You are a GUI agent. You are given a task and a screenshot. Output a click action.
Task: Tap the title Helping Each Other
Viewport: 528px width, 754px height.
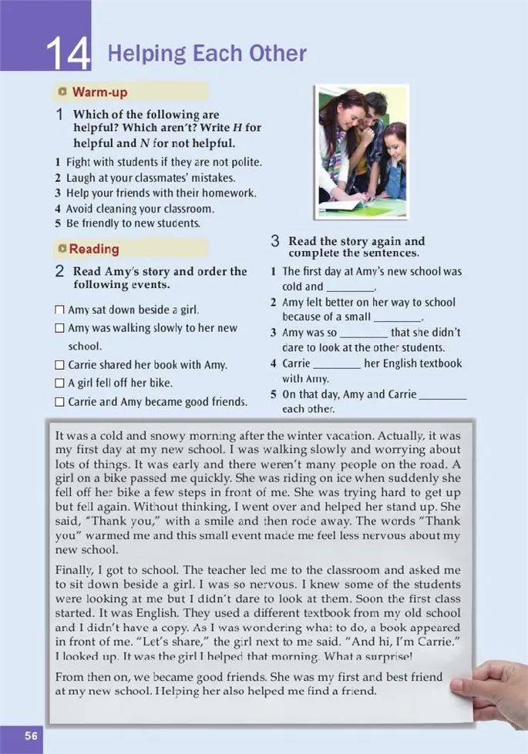(x=207, y=54)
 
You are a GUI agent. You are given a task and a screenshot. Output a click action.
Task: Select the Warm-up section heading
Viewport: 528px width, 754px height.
(x=99, y=92)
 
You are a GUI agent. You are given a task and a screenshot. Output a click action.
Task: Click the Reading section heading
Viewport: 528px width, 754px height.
(x=94, y=249)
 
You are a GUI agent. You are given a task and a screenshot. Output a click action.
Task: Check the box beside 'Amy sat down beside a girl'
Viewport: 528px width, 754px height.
(x=60, y=310)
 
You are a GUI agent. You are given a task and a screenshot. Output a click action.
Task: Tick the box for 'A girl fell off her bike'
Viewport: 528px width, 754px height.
(x=60, y=383)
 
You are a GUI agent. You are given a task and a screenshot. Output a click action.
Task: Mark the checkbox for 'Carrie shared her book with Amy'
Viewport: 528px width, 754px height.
(x=60, y=365)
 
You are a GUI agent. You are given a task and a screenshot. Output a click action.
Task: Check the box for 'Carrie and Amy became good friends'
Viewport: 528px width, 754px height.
(x=60, y=402)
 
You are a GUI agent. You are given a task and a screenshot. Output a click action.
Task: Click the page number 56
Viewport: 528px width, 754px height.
(x=31, y=736)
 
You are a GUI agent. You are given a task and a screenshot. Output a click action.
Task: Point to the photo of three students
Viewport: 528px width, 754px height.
(x=361, y=152)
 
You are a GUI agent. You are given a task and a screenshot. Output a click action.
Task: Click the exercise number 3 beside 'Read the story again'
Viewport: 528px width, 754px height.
(x=274, y=242)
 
